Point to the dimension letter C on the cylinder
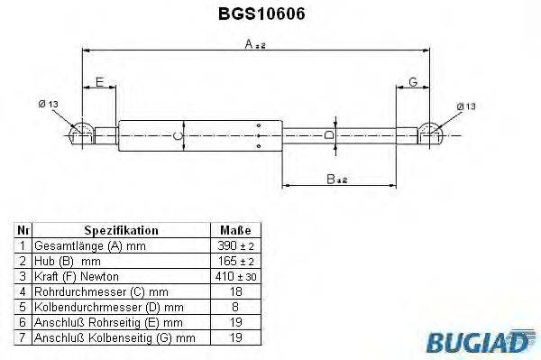[x=178, y=136]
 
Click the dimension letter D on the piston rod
[x=330, y=135]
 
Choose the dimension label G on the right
[x=412, y=83]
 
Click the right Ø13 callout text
[x=467, y=106]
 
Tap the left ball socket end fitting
[x=80, y=134]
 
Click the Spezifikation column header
[x=121, y=231]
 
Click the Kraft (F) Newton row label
[x=77, y=275]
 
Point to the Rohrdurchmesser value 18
[x=234, y=291]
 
